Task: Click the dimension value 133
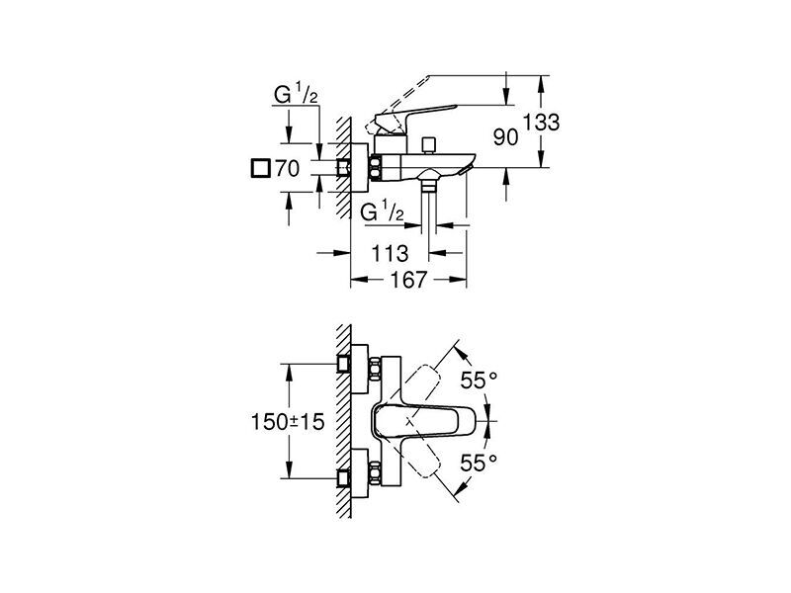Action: pyautogui.click(x=541, y=123)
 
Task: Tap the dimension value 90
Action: pyautogui.click(x=505, y=136)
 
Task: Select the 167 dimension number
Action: pyautogui.click(x=409, y=280)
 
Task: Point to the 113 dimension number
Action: pyautogui.click(x=390, y=253)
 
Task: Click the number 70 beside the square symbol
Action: pyautogui.click(x=287, y=168)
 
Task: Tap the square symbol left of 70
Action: pyautogui.click(x=260, y=168)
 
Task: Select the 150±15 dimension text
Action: pyautogui.click(x=288, y=422)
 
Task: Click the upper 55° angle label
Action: pyautogui.click(x=479, y=381)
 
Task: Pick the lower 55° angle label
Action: pyautogui.click(x=479, y=462)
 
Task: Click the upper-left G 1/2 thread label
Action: pyautogui.click(x=296, y=95)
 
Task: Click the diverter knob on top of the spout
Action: pyautogui.click(x=430, y=144)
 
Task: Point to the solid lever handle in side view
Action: pyautogui.click(x=413, y=119)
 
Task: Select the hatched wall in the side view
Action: pyautogui.click(x=343, y=167)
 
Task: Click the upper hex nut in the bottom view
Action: pyautogui.click(x=375, y=371)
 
